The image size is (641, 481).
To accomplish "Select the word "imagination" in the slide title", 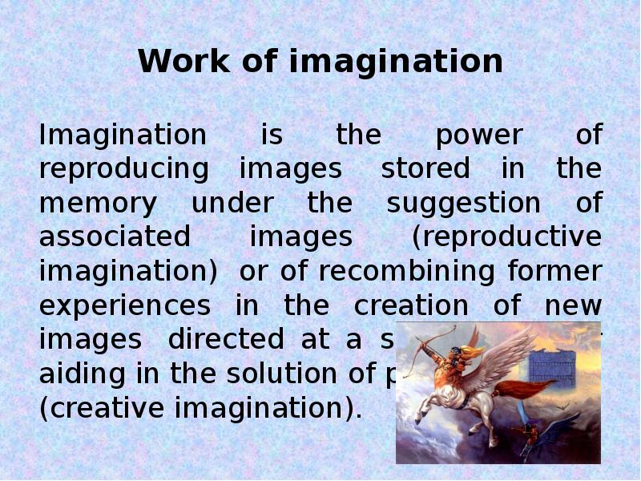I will tap(397, 63).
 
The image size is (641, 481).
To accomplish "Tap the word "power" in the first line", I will tap(478, 135).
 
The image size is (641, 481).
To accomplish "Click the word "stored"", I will tap(425, 169).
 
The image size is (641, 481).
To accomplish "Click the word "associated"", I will tap(115, 237).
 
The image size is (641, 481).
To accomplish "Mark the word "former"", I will tap(554, 272).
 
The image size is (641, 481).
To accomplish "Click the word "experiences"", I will tap(125, 306).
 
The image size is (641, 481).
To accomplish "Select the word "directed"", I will tap(225, 340).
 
